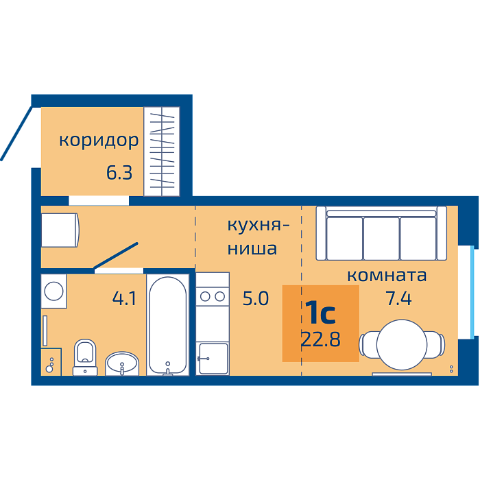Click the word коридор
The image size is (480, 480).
[99, 141]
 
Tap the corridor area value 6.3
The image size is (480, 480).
[119, 173]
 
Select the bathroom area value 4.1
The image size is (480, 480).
[124, 298]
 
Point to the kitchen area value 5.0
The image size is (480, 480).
[256, 298]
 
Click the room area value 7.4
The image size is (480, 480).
[399, 298]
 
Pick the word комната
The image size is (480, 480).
[387, 275]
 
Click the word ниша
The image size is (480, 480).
[252, 248]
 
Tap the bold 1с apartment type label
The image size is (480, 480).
[320, 312]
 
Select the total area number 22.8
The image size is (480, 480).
[320, 339]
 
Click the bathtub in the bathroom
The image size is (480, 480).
[168, 325]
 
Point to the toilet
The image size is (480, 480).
[85, 357]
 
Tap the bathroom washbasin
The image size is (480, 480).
[122, 363]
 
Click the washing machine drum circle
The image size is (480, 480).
[54, 291]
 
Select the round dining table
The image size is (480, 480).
[402, 345]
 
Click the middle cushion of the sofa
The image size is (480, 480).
[381, 238]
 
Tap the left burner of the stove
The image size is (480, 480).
[205, 296]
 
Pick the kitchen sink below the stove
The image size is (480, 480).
[213, 359]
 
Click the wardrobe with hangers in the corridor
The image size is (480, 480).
[162, 152]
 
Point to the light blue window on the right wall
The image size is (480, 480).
[472, 291]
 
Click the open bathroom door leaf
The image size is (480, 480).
[115, 256]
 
